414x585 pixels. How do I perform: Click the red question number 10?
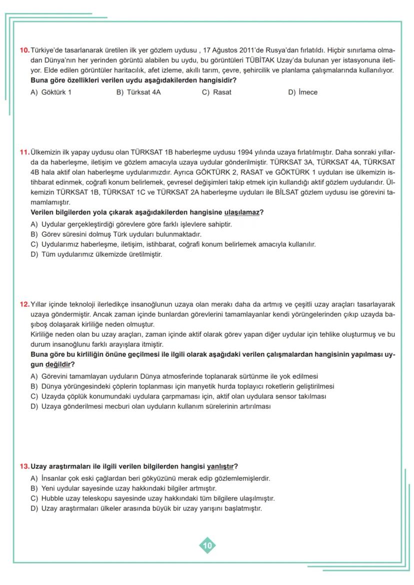(x=24, y=50)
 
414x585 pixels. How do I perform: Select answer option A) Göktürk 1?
(x=51, y=92)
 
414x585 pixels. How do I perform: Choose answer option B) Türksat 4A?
(x=138, y=92)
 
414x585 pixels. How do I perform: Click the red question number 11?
(x=24, y=152)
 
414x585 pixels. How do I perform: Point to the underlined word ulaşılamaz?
(x=242, y=212)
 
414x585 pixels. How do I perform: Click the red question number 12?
(x=24, y=304)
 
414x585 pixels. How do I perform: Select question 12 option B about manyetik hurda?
(x=182, y=386)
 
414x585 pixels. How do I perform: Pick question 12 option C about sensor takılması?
(x=178, y=396)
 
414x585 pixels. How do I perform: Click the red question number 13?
(x=24, y=467)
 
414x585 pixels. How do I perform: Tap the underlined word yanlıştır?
(x=220, y=467)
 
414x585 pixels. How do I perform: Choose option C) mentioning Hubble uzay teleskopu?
(x=152, y=499)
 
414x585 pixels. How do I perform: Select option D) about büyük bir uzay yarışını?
(x=146, y=509)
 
